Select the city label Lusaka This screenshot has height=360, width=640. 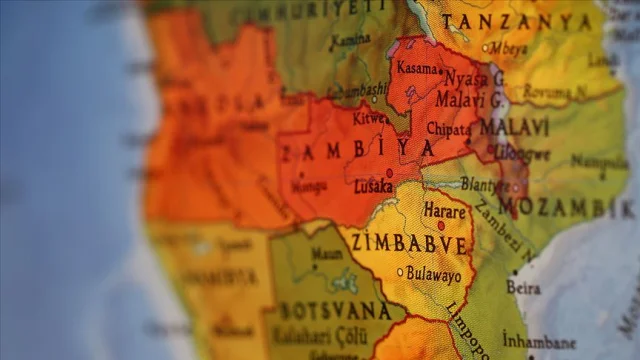click(x=372, y=187)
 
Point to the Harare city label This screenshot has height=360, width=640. click(x=444, y=212)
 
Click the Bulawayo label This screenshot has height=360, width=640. click(x=434, y=274)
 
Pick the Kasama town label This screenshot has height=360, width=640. click(x=418, y=68)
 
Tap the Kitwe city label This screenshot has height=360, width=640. click(x=370, y=118)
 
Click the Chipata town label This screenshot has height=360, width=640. click(x=449, y=130)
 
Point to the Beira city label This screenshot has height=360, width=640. click(x=524, y=288)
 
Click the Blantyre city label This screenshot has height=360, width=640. click(x=483, y=184)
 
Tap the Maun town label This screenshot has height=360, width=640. click(x=327, y=254)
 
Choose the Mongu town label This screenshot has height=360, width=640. click(x=309, y=185)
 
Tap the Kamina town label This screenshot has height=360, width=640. click(x=349, y=40)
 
